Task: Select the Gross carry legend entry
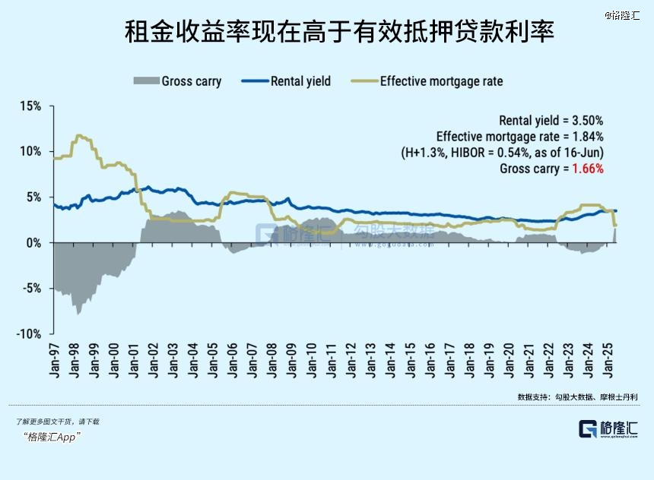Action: tap(177, 81)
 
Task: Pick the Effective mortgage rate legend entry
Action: tap(427, 81)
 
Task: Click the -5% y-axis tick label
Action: tap(30, 289)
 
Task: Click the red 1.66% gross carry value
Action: tap(588, 169)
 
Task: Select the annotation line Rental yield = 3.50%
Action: tap(551, 120)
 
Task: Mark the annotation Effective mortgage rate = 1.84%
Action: tap(520, 136)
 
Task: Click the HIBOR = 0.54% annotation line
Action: tap(503, 152)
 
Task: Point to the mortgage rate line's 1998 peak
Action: tap(78, 136)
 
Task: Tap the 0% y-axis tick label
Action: tap(32, 243)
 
